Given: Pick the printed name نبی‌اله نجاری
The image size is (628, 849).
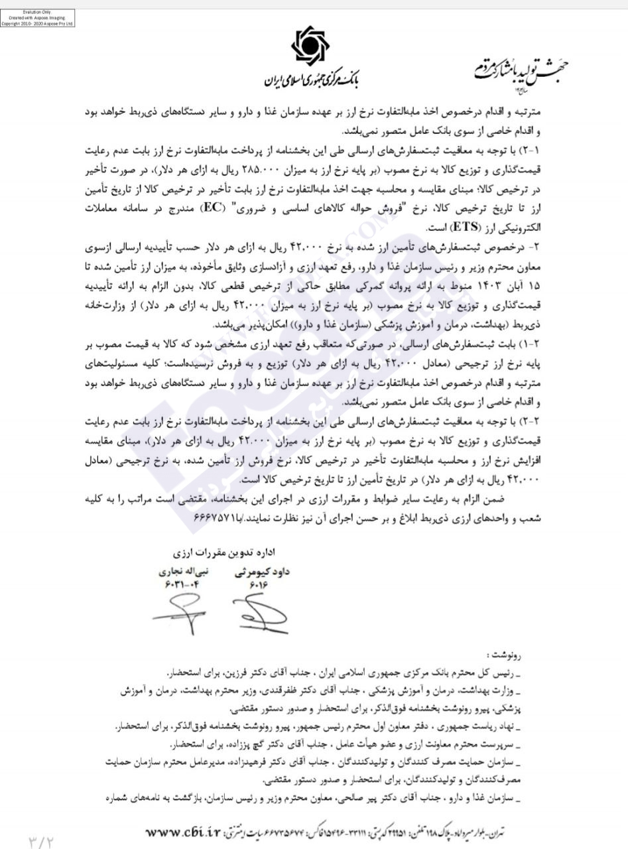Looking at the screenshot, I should pos(183,571).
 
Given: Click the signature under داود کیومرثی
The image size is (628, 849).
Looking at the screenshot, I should pos(260,614).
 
